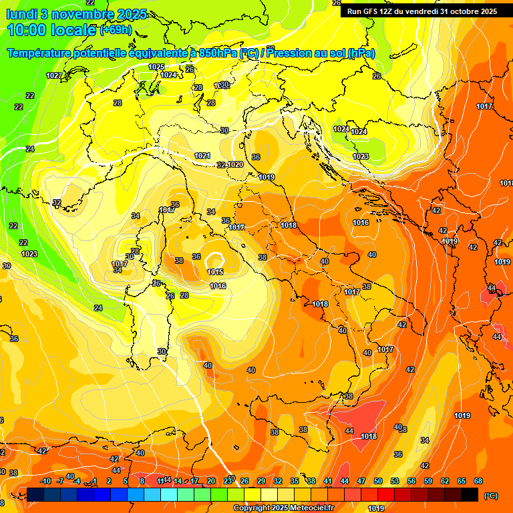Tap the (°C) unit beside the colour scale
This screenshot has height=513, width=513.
[x=490, y=496]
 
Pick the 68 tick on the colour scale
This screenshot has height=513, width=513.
[x=478, y=481]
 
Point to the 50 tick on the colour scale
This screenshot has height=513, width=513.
[x=378, y=481]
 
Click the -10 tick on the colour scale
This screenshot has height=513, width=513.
[x=45, y=481]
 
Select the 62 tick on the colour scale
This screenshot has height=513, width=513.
[x=445, y=481]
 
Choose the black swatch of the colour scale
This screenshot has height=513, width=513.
[x=470, y=494]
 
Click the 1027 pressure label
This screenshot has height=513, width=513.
[x=53, y=75]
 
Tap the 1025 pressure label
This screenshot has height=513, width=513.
[x=156, y=67]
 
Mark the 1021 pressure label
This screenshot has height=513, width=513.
[x=202, y=156]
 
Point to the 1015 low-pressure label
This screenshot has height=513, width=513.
[x=215, y=272]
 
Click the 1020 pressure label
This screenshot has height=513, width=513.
[x=235, y=164]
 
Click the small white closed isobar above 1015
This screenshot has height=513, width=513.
[x=215, y=259]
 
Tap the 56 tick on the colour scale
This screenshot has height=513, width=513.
[x=411, y=481]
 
